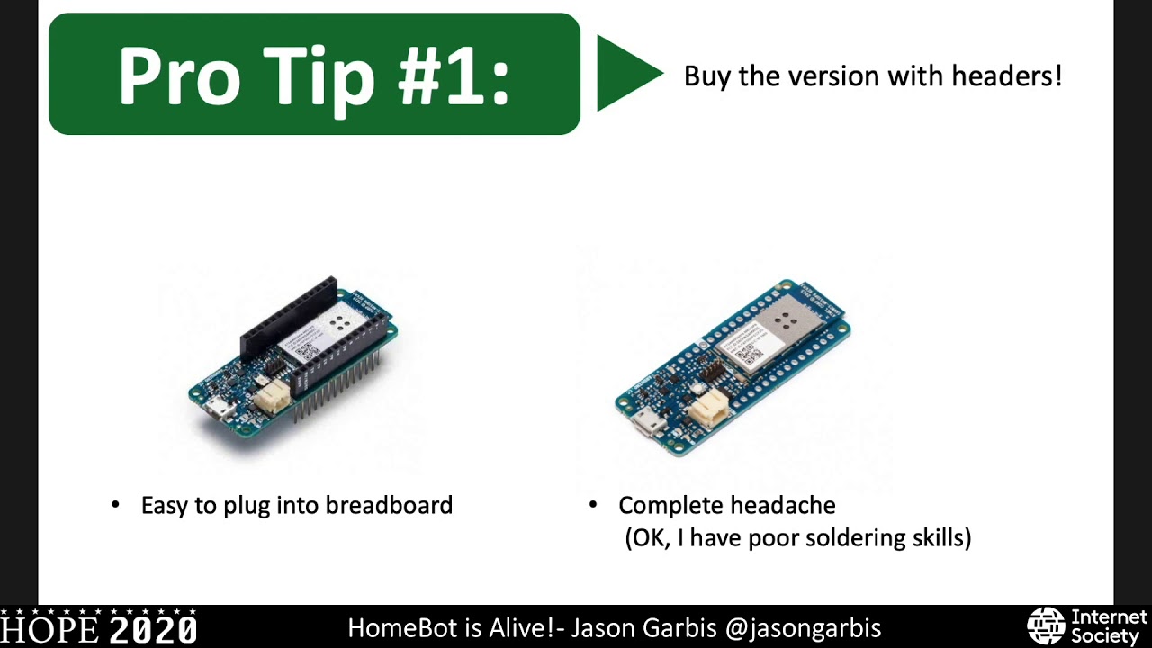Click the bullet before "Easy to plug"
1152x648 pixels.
click(115, 505)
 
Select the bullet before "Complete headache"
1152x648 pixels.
click(592, 505)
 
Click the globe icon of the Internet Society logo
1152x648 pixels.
click(1046, 626)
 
